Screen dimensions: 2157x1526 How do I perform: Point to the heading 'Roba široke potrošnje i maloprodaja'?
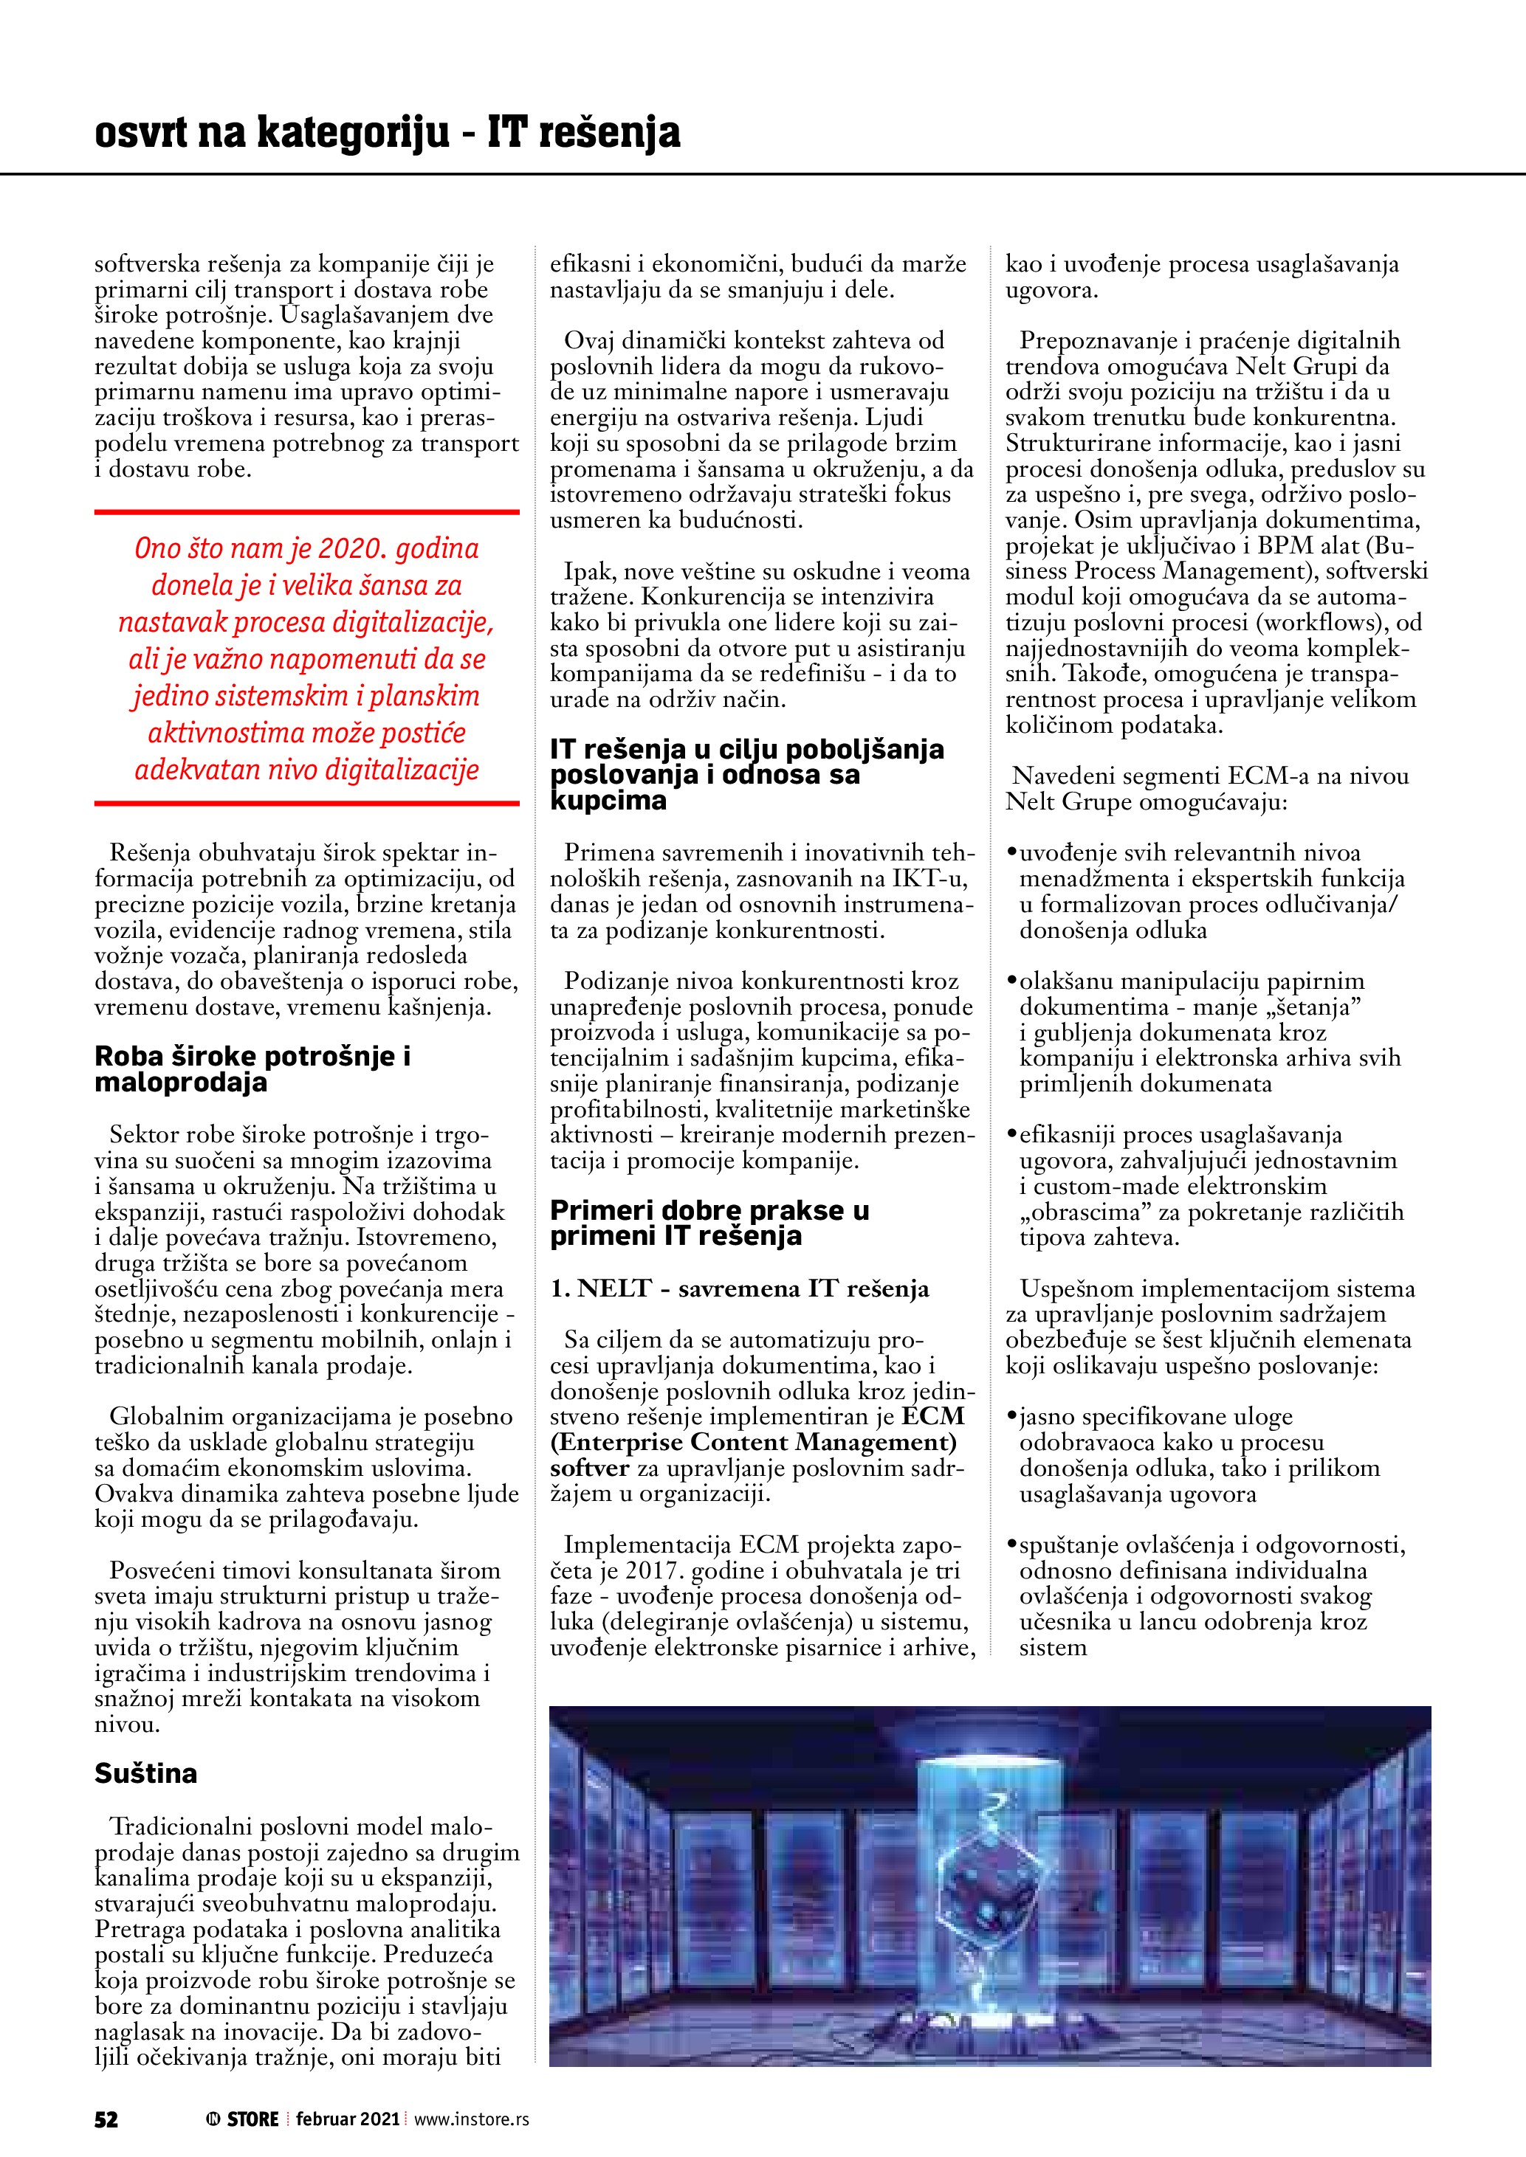[x=252, y=1069]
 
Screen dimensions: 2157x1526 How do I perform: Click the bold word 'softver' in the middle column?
[x=589, y=1468]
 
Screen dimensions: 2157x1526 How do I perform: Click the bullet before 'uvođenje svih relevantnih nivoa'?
[x=1012, y=853]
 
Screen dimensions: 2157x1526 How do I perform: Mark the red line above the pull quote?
[x=306, y=512]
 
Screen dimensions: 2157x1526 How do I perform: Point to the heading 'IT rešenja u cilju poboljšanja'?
[x=746, y=750]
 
